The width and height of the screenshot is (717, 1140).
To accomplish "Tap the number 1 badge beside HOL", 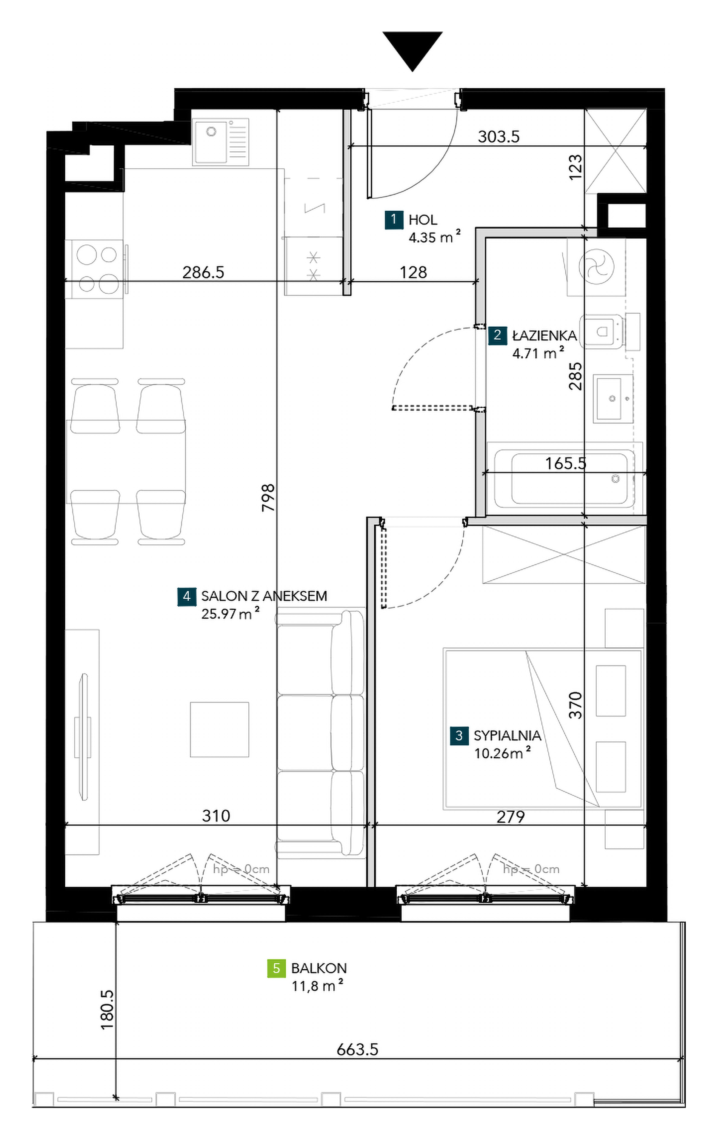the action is click(x=394, y=220).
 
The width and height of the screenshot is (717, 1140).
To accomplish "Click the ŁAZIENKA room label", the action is click(x=545, y=336).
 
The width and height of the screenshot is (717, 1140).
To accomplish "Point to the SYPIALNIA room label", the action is click(x=507, y=735).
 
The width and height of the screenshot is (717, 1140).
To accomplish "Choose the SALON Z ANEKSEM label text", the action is click(x=264, y=596).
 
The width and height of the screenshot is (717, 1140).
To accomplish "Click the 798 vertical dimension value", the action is click(x=268, y=497).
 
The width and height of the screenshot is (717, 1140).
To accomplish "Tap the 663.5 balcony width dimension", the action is click(x=357, y=1049).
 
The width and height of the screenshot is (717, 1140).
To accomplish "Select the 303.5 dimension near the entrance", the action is click(x=499, y=136).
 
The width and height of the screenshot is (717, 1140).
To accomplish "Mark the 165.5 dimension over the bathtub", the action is click(x=566, y=463).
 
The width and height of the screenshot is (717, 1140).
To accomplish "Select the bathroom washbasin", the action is click(x=612, y=397).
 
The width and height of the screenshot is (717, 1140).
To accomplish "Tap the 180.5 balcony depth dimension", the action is click(x=107, y=1009).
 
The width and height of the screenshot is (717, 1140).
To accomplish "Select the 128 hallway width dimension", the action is click(x=413, y=272).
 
